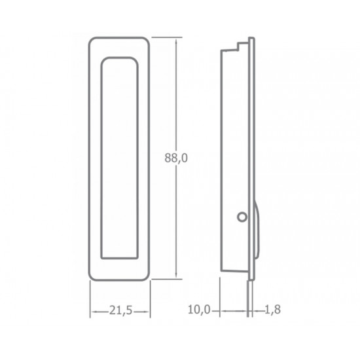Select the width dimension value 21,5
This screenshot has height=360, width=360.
120,312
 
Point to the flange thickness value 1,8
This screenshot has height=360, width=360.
273,312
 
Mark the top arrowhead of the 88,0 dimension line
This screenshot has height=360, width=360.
177,41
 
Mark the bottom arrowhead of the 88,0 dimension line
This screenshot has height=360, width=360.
177,276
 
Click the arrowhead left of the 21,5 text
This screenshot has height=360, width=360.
92,312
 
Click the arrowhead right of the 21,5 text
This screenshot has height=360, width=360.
148,312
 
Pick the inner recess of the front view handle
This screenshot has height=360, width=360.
120,158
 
